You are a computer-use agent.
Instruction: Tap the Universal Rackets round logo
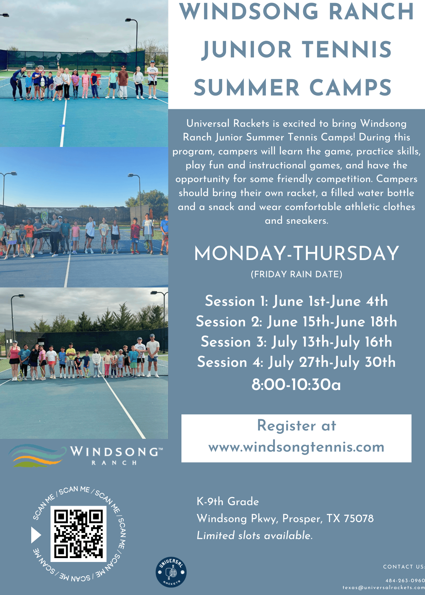(x=171, y=572)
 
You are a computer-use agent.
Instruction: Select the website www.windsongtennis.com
(x=297, y=447)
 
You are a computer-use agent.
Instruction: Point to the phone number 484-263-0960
(x=405, y=580)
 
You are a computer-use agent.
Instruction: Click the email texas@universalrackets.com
(x=384, y=588)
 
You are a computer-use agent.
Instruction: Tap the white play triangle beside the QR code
(x=36, y=535)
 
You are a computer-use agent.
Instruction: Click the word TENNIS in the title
(x=347, y=49)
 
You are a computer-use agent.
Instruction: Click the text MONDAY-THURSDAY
(x=297, y=253)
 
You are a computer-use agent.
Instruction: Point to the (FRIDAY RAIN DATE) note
(x=297, y=274)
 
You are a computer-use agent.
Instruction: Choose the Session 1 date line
(x=297, y=301)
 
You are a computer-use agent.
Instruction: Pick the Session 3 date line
(x=297, y=342)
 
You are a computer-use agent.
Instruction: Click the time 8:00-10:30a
(x=296, y=384)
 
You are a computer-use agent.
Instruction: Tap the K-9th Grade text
(x=228, y=502)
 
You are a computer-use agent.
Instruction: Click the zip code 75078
(x=359, y=519)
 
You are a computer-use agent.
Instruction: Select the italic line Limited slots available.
(x=255, y=535)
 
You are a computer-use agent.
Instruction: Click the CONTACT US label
(x=404, y=567)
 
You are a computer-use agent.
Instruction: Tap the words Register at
(x=297, y=426)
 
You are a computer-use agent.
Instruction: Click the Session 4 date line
(x=297, y=362)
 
